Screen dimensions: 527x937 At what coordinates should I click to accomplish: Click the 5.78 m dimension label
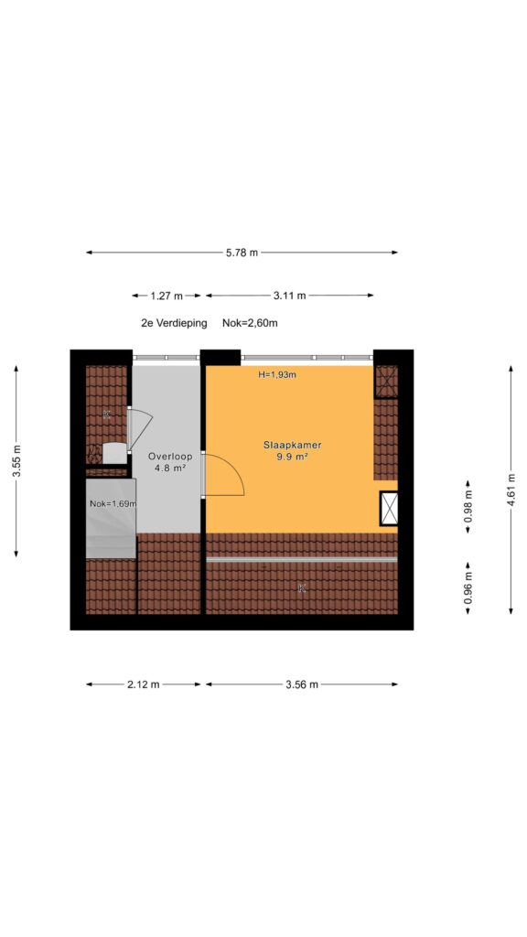coord(242,253)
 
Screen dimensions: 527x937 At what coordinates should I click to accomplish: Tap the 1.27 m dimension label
coord(167,296)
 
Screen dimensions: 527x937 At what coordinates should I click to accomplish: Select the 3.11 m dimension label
coord(290,296)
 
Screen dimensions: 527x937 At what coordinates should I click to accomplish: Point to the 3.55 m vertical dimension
coord(16,461)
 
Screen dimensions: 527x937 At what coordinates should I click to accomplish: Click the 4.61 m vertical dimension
coord(511,490)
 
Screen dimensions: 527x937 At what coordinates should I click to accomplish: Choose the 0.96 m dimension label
coord(468,588)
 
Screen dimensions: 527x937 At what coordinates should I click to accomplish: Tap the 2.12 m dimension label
coord(144,684)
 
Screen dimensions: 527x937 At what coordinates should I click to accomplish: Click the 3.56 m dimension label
coord(302,684)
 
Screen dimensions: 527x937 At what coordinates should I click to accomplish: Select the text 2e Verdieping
coord(174,323)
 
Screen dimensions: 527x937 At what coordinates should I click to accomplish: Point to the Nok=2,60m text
coord(250,323)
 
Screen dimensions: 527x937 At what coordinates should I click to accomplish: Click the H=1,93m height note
coord(278,375)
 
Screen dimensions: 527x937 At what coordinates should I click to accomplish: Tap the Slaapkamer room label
coord(293,446)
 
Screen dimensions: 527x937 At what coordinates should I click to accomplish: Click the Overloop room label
coord(170,457)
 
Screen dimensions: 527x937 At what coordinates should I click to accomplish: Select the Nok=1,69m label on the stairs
coord(113,504)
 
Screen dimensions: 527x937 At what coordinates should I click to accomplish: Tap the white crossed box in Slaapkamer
coord(389,509)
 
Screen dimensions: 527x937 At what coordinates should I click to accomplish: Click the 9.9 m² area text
coord(293,458)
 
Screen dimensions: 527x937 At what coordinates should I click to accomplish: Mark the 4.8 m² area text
coord(170,468)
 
